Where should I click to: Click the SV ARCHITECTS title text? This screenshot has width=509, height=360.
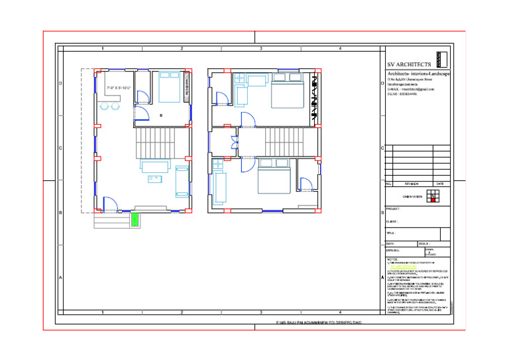[410, 64]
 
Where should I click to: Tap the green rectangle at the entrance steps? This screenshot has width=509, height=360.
[135, 219]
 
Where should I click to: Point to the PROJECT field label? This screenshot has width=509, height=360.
[393, 209]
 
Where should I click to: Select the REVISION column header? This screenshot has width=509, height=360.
[412, 184]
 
